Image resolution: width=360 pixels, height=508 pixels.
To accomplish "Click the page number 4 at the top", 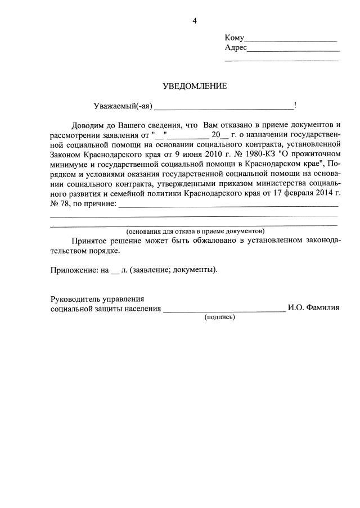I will [x=195, y=21].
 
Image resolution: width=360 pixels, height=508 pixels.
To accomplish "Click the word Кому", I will [x=234, y=38].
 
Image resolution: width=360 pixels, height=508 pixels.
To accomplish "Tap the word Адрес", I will [x=236, y=48].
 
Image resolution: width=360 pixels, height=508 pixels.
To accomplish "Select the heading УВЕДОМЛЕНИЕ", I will [x=195, y=87].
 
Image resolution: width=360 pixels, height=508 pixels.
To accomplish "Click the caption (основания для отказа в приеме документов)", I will [x=195, y=231].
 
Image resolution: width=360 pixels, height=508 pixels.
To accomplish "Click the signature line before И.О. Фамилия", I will [x=224, y=310].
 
